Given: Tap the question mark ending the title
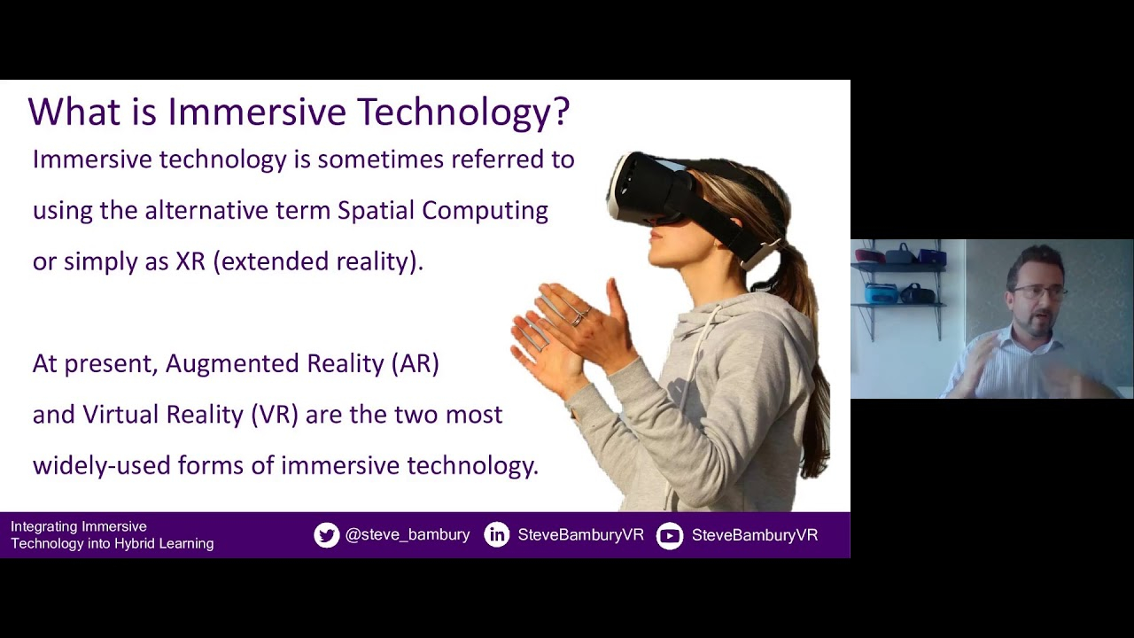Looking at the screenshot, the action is click(x=560, y=110).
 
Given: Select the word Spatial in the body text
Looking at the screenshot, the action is click(x=377, y=210).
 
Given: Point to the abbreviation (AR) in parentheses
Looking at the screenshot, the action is click(x=416, y=363).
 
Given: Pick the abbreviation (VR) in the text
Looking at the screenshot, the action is click(x=275, y=415).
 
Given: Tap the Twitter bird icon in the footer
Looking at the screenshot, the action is click(x=327, y=535).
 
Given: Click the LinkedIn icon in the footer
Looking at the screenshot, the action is click(x=497, y=535).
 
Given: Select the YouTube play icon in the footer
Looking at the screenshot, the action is click(x=670, y=536).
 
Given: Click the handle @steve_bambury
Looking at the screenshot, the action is click(x=408, y=535).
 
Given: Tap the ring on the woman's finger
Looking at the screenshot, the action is click(x=578, y=319).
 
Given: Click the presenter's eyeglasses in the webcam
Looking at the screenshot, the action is click(x=1037, y=292).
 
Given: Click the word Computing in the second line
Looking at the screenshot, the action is click(x=485, y=211).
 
